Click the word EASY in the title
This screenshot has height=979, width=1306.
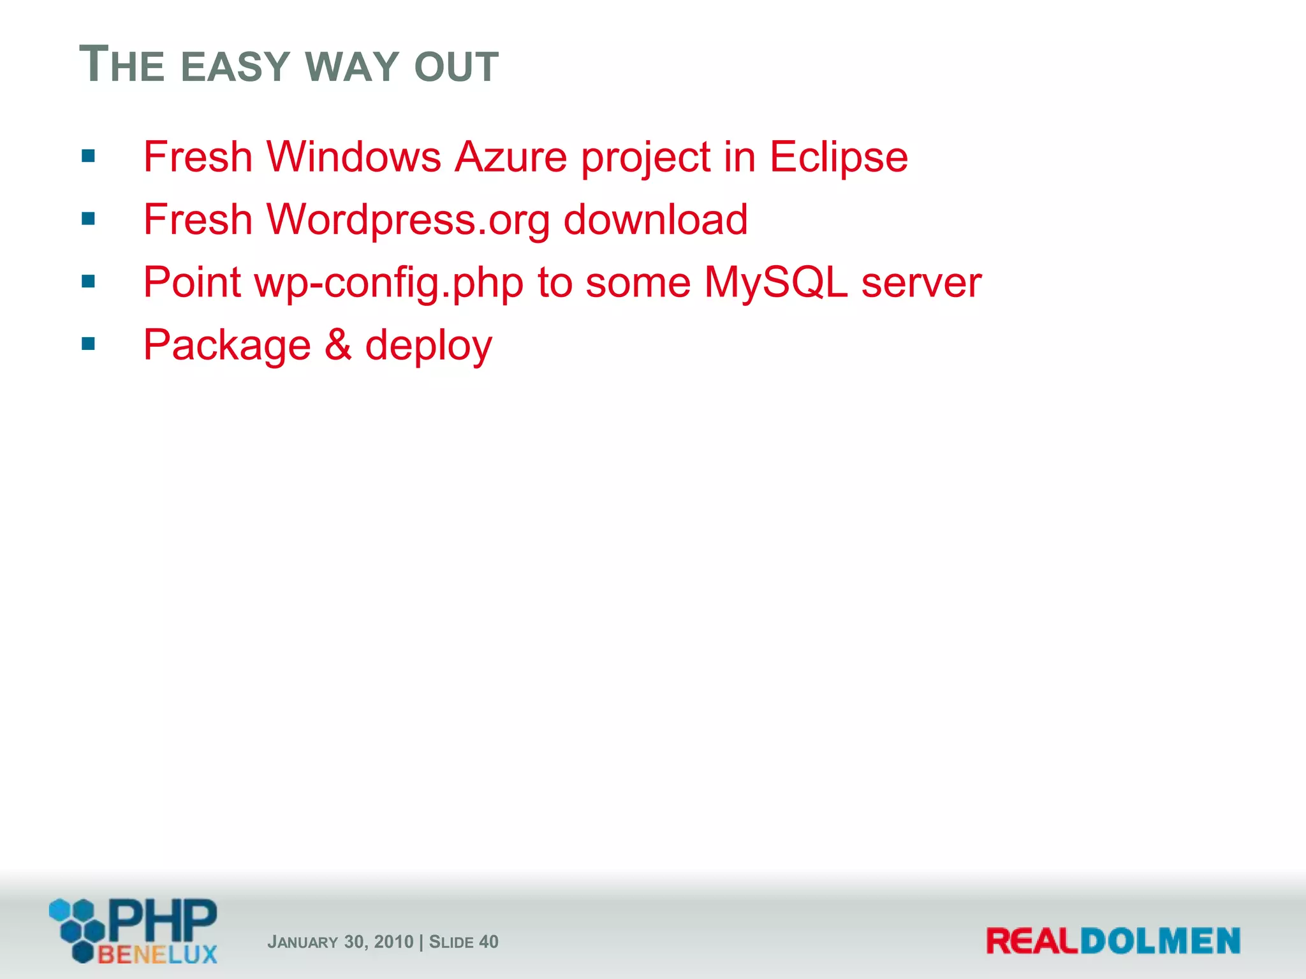tap(235, 67)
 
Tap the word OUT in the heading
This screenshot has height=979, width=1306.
tap(456, 67)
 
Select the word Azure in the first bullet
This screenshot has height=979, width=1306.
tap(511, 157)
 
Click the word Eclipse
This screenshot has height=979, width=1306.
tap(839, 157)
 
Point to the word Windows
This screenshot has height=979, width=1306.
tap(354, 157)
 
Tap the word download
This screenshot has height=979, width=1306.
tap(656, 220)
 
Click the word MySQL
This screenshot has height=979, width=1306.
tap(776, 282)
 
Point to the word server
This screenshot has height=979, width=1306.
tap(921, 282)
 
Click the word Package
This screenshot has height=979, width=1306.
tap(227, 345)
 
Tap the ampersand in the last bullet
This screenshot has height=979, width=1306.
tap(338, 345)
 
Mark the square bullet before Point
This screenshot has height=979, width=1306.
tap(88, 282)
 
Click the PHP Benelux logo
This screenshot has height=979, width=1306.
tap(134, 931)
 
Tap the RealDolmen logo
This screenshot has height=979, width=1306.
tap(1113, 941)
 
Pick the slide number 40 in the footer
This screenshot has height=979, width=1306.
tap(488, 942)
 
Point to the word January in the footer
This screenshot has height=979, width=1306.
tap(302, 942)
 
